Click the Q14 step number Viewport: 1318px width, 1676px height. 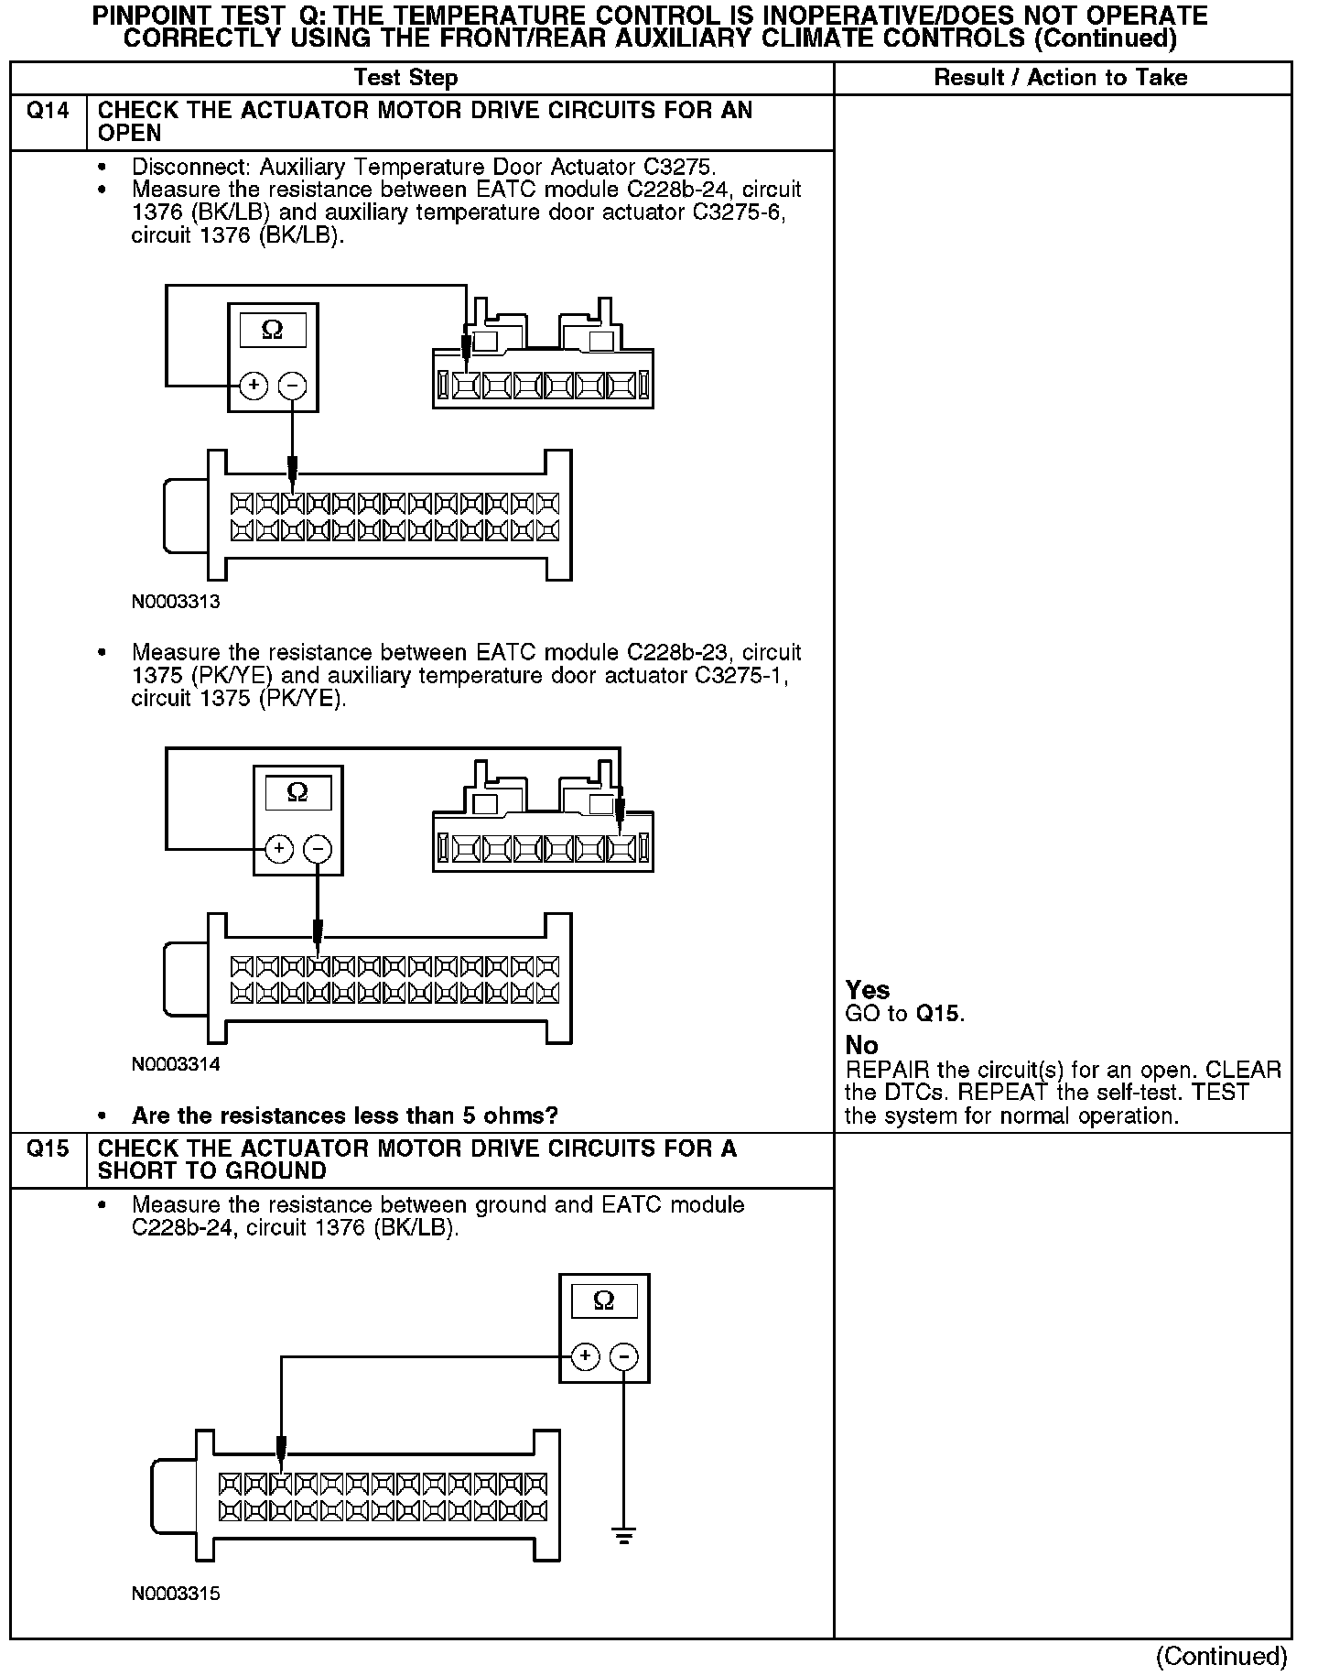pyautogui.click(x=48, y=111)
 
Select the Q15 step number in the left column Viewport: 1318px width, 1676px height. pyautogui.click(x=48, y=1149)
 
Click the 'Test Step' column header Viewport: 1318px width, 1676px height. pyautogui.click(x=405, y=78)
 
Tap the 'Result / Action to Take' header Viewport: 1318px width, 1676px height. pyautogui.click(x=1060, y=78)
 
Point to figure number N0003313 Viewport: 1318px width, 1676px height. pyautogui.click(x=176, y=602)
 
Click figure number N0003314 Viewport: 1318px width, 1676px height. pyautogui.click(x=176, y=1064)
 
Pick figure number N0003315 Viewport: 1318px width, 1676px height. pyautogui.click(x=176, y=1593)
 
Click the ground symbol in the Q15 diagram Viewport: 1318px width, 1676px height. pyautogui.click(x=624, y=1536)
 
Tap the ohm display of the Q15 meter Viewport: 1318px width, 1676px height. pyautogui.click(x=604, y=1301)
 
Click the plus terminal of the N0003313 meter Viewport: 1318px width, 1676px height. pyautogui.click(x=254, y=386)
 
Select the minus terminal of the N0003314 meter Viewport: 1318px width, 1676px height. pyautogui.click(x=318, y=849)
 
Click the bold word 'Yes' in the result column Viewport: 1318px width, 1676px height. pyautogui.click(x=868, y=990)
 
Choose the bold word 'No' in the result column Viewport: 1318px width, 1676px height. pyautogui.click(x=861, y=1045)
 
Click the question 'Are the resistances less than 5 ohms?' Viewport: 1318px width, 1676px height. pyautogui.click(x=345, y=1116)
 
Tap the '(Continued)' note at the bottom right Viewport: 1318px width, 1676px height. pyautogui.click(x=1221, y=1655)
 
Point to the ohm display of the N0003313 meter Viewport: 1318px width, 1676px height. pyautogui.click(x=273, y=329)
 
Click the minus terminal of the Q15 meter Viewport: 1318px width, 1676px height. pyautogui.click(x=624, y=1356)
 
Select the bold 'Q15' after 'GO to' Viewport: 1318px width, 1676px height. pyautogui.click(x=939, y=1013)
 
